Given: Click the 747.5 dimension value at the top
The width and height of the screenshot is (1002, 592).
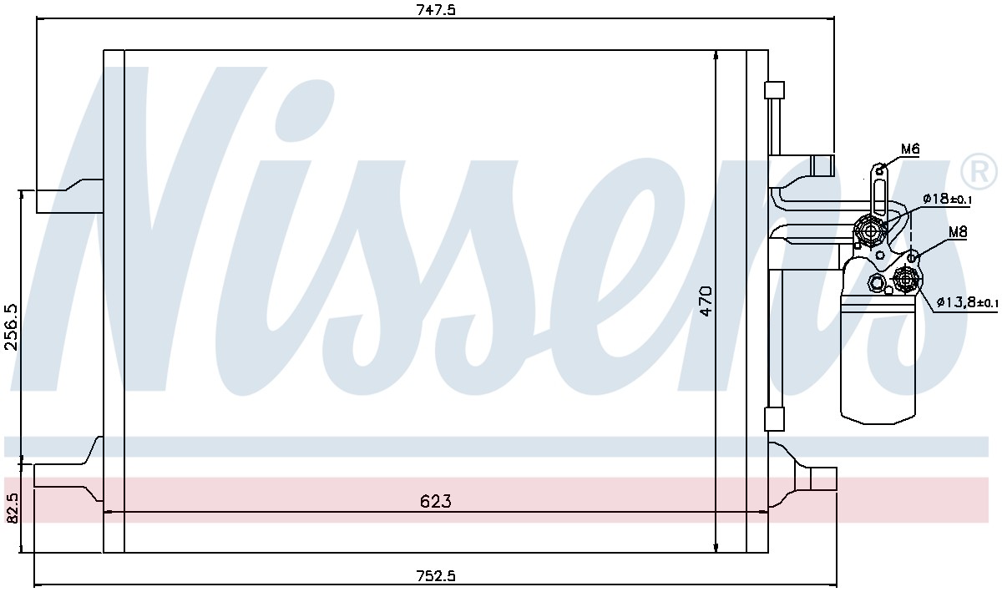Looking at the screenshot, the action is coord(436,9).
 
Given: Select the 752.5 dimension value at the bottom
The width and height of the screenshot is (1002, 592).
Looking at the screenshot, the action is coord(436,576).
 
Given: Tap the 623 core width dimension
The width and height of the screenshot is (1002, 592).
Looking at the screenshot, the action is coord(436,502).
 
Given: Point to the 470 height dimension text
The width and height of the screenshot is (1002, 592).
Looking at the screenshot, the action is coord(706,301).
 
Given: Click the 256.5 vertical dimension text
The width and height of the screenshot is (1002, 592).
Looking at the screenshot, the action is coord(11,327).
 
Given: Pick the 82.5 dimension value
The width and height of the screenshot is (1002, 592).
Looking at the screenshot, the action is coord(12,509).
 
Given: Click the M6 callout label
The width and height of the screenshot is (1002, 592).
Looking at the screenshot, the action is coord(910,149).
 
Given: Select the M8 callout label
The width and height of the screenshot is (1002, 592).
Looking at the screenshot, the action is coord(958,232).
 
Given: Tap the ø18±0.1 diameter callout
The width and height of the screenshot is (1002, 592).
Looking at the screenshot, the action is coord(947,199).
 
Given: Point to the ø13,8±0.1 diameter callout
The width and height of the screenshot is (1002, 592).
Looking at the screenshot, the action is coord(967,303).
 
